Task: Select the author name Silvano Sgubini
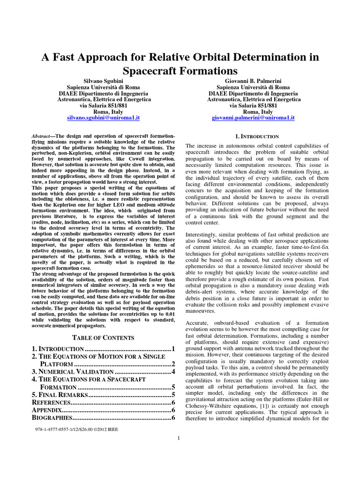click(104, 81)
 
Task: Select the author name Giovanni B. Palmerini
click(254, 81)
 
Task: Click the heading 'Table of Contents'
click(103, 337)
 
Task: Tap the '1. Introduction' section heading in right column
click(256, 136)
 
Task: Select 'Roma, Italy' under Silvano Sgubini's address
click(104, 112)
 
